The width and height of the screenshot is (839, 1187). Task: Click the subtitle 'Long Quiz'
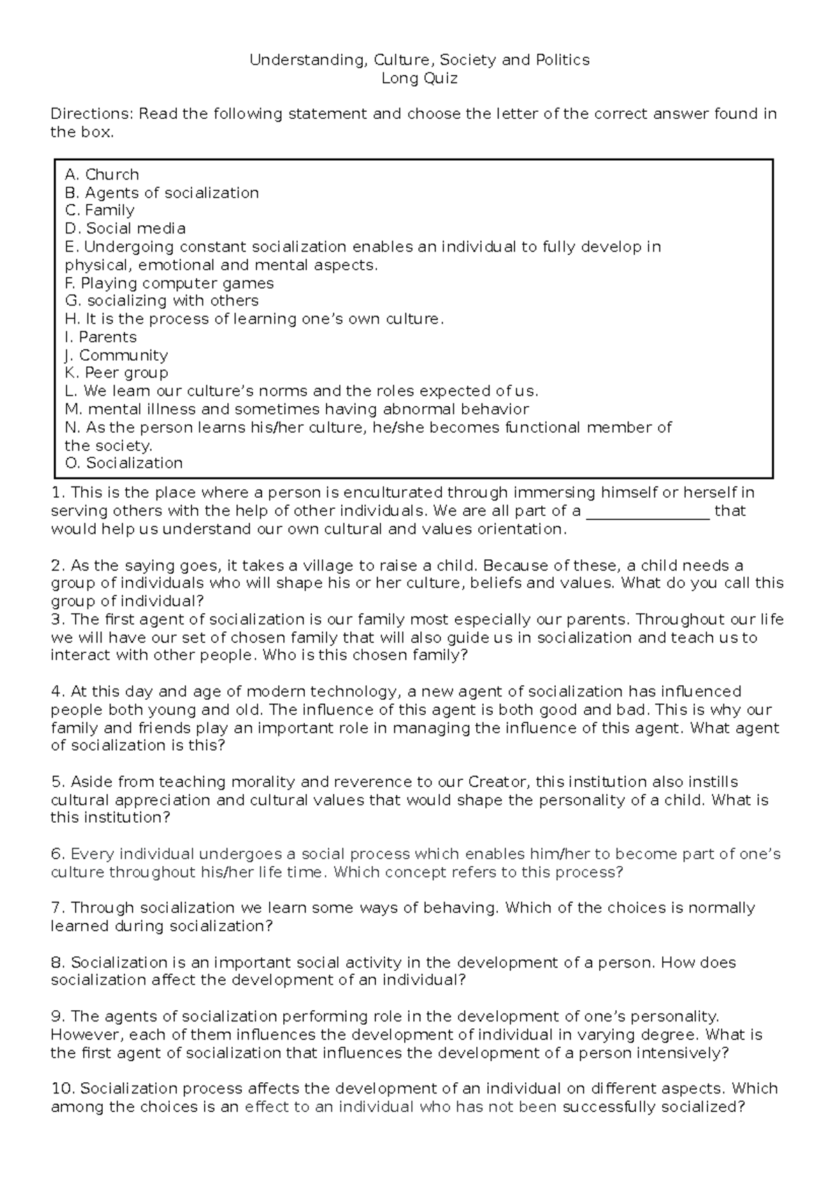(419, 78)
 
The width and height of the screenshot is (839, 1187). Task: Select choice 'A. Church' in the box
(101, 175)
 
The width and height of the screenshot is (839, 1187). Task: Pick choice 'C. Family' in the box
(99, 210)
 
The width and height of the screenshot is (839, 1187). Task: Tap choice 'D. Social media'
(125, 229)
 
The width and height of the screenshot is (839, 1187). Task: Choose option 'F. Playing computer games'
(168, 283)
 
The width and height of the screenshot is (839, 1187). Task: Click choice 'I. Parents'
(100, 337)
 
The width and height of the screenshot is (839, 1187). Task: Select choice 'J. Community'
(115, 355)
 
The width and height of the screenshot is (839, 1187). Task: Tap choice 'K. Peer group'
(116, 373)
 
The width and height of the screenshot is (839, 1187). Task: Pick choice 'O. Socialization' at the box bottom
(124, 463)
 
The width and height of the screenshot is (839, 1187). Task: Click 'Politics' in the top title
(563, 60)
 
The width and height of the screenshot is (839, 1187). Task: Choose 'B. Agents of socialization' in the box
(162, 193)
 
